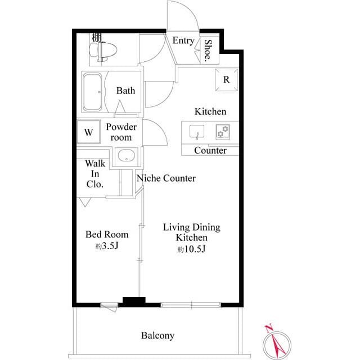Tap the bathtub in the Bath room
(x=93, y=91)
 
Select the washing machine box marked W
(x=88, y=133)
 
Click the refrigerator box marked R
(x=226, y=80)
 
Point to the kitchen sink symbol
(x=197, y=133)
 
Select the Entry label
(x=183, y=40)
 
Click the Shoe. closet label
(x=208, y=51)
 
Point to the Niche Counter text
(x=166, y=178)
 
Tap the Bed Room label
(x=107, y=235)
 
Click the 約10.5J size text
(x=191, y=249)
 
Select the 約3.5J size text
(x=107, y=246)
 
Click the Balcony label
(x=157, y=336)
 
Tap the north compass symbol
(x=276, y=341)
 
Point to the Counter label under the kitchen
(x=210, y=150)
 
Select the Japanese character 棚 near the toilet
(x=97, y=38)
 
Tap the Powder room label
(x=121, y=132)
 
